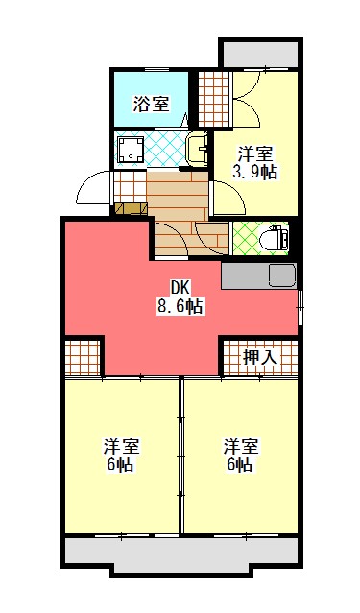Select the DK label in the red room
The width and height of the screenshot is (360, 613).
click(x=180, y=288)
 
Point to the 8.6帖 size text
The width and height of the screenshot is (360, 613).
click(x=180, y=307)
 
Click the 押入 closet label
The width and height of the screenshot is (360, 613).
click(x=260, y=357)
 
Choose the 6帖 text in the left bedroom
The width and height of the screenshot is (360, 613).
click(x=121, y=465)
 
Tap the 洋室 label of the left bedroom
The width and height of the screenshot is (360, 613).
click(x=121, y=447)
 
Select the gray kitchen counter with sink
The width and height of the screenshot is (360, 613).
click(x=259, y=276)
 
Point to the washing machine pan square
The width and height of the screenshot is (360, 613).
click(x=130, y=149)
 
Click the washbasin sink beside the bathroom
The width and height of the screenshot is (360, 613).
click(x=197, y=150)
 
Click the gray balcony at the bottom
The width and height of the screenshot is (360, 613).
click(x=181, y=554)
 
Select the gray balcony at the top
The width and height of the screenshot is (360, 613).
click(x=258, y=53)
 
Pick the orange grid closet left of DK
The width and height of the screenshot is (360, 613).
click(x=84, y=357)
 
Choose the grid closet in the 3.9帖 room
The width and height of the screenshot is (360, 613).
click(x=214, y=99)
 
